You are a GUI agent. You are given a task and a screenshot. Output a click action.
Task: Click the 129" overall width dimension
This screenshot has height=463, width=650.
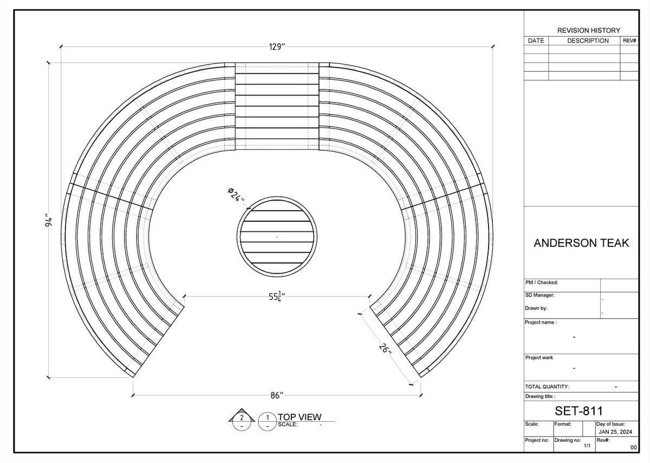tap(276, 47)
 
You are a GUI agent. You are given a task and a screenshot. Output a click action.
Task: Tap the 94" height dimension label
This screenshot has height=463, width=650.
tap(49, 221)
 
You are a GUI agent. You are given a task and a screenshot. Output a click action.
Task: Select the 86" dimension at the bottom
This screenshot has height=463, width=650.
tap(276, 396)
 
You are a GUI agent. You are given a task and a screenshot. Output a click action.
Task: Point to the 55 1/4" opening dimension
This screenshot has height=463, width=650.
tap(277, 297)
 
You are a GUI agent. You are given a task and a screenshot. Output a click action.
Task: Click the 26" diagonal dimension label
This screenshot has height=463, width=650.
tap(385, 348)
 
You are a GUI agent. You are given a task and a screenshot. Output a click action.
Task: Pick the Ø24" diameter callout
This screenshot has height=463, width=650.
tap(236, 195)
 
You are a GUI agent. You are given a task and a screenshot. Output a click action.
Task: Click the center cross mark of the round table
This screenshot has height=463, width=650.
tap(277, 237)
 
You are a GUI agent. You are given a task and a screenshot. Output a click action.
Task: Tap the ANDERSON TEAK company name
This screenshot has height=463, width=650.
tap(581, 243)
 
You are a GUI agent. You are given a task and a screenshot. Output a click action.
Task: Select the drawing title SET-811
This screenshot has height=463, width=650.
tap(578, 411)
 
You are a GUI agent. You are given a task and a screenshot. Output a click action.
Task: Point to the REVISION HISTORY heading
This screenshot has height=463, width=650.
tap(588, 30)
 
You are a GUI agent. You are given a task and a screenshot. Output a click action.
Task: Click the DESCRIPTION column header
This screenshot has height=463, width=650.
tap(588, 41)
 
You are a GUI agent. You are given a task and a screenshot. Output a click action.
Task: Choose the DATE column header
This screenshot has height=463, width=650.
tap(536, 41)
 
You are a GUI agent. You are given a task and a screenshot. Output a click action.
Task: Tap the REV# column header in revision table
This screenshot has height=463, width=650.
tap(629, 41)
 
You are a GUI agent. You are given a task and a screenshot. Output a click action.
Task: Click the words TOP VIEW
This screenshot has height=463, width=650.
tap(300, 417)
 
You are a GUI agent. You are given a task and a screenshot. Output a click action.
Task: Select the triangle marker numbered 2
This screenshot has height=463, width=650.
tap(242, 417)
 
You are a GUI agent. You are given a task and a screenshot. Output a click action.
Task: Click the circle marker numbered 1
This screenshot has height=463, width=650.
tap(268, 418)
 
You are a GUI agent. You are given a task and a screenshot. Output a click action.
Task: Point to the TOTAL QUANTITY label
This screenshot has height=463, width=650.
tap(547, 387)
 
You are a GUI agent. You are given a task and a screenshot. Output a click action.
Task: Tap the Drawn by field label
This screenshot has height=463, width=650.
tap(536, 308)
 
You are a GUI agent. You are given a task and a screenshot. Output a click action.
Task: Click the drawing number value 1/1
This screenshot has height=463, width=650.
tap(587, 446)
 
